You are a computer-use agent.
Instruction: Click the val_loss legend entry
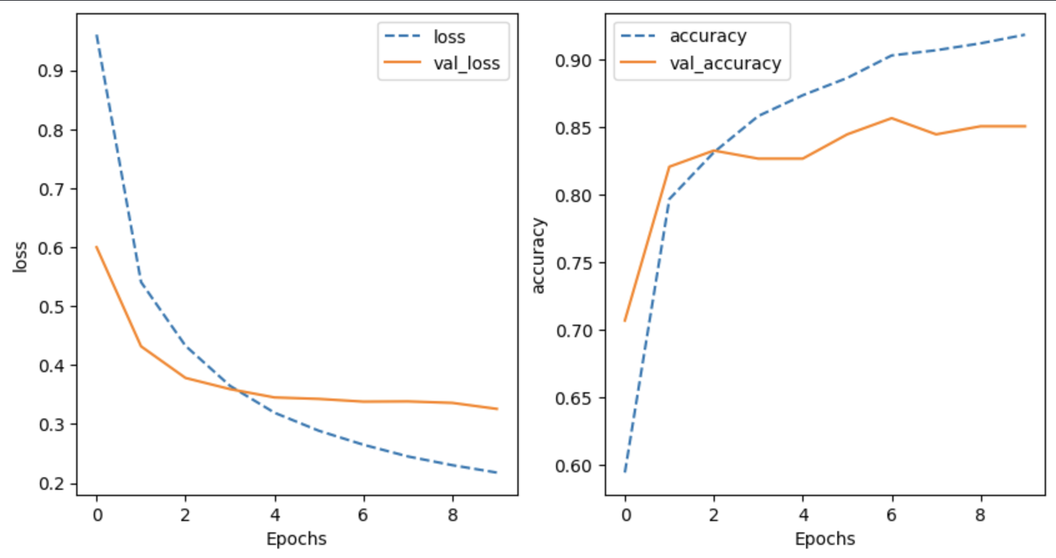[466, 63]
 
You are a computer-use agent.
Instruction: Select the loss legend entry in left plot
[449, 37]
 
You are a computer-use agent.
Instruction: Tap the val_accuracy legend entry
[725, 63]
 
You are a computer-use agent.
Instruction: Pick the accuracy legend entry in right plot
[707, 36]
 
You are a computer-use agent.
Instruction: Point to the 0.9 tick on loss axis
[50, 71]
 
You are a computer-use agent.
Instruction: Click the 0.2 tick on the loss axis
[50, 484]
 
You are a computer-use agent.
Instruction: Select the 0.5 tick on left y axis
[50, 307]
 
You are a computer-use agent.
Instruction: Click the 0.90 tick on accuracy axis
[572, 61]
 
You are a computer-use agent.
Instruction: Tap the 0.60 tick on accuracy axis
[572, 465]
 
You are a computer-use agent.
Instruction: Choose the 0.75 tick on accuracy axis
[572, 263]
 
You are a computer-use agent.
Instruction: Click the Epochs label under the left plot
[296, 539]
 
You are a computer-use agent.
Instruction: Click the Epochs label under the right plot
[825, 539]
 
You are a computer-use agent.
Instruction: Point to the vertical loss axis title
[20, 256]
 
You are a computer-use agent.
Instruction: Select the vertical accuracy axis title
[538, 256]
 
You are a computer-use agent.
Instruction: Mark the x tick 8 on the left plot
[453, 515]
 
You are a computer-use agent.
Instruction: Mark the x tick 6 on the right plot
[892, 515]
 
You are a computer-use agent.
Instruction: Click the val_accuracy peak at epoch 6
[892, 118]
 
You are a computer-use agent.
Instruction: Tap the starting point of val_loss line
[97, 247]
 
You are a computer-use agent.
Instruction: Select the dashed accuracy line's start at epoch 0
[625, 472]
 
